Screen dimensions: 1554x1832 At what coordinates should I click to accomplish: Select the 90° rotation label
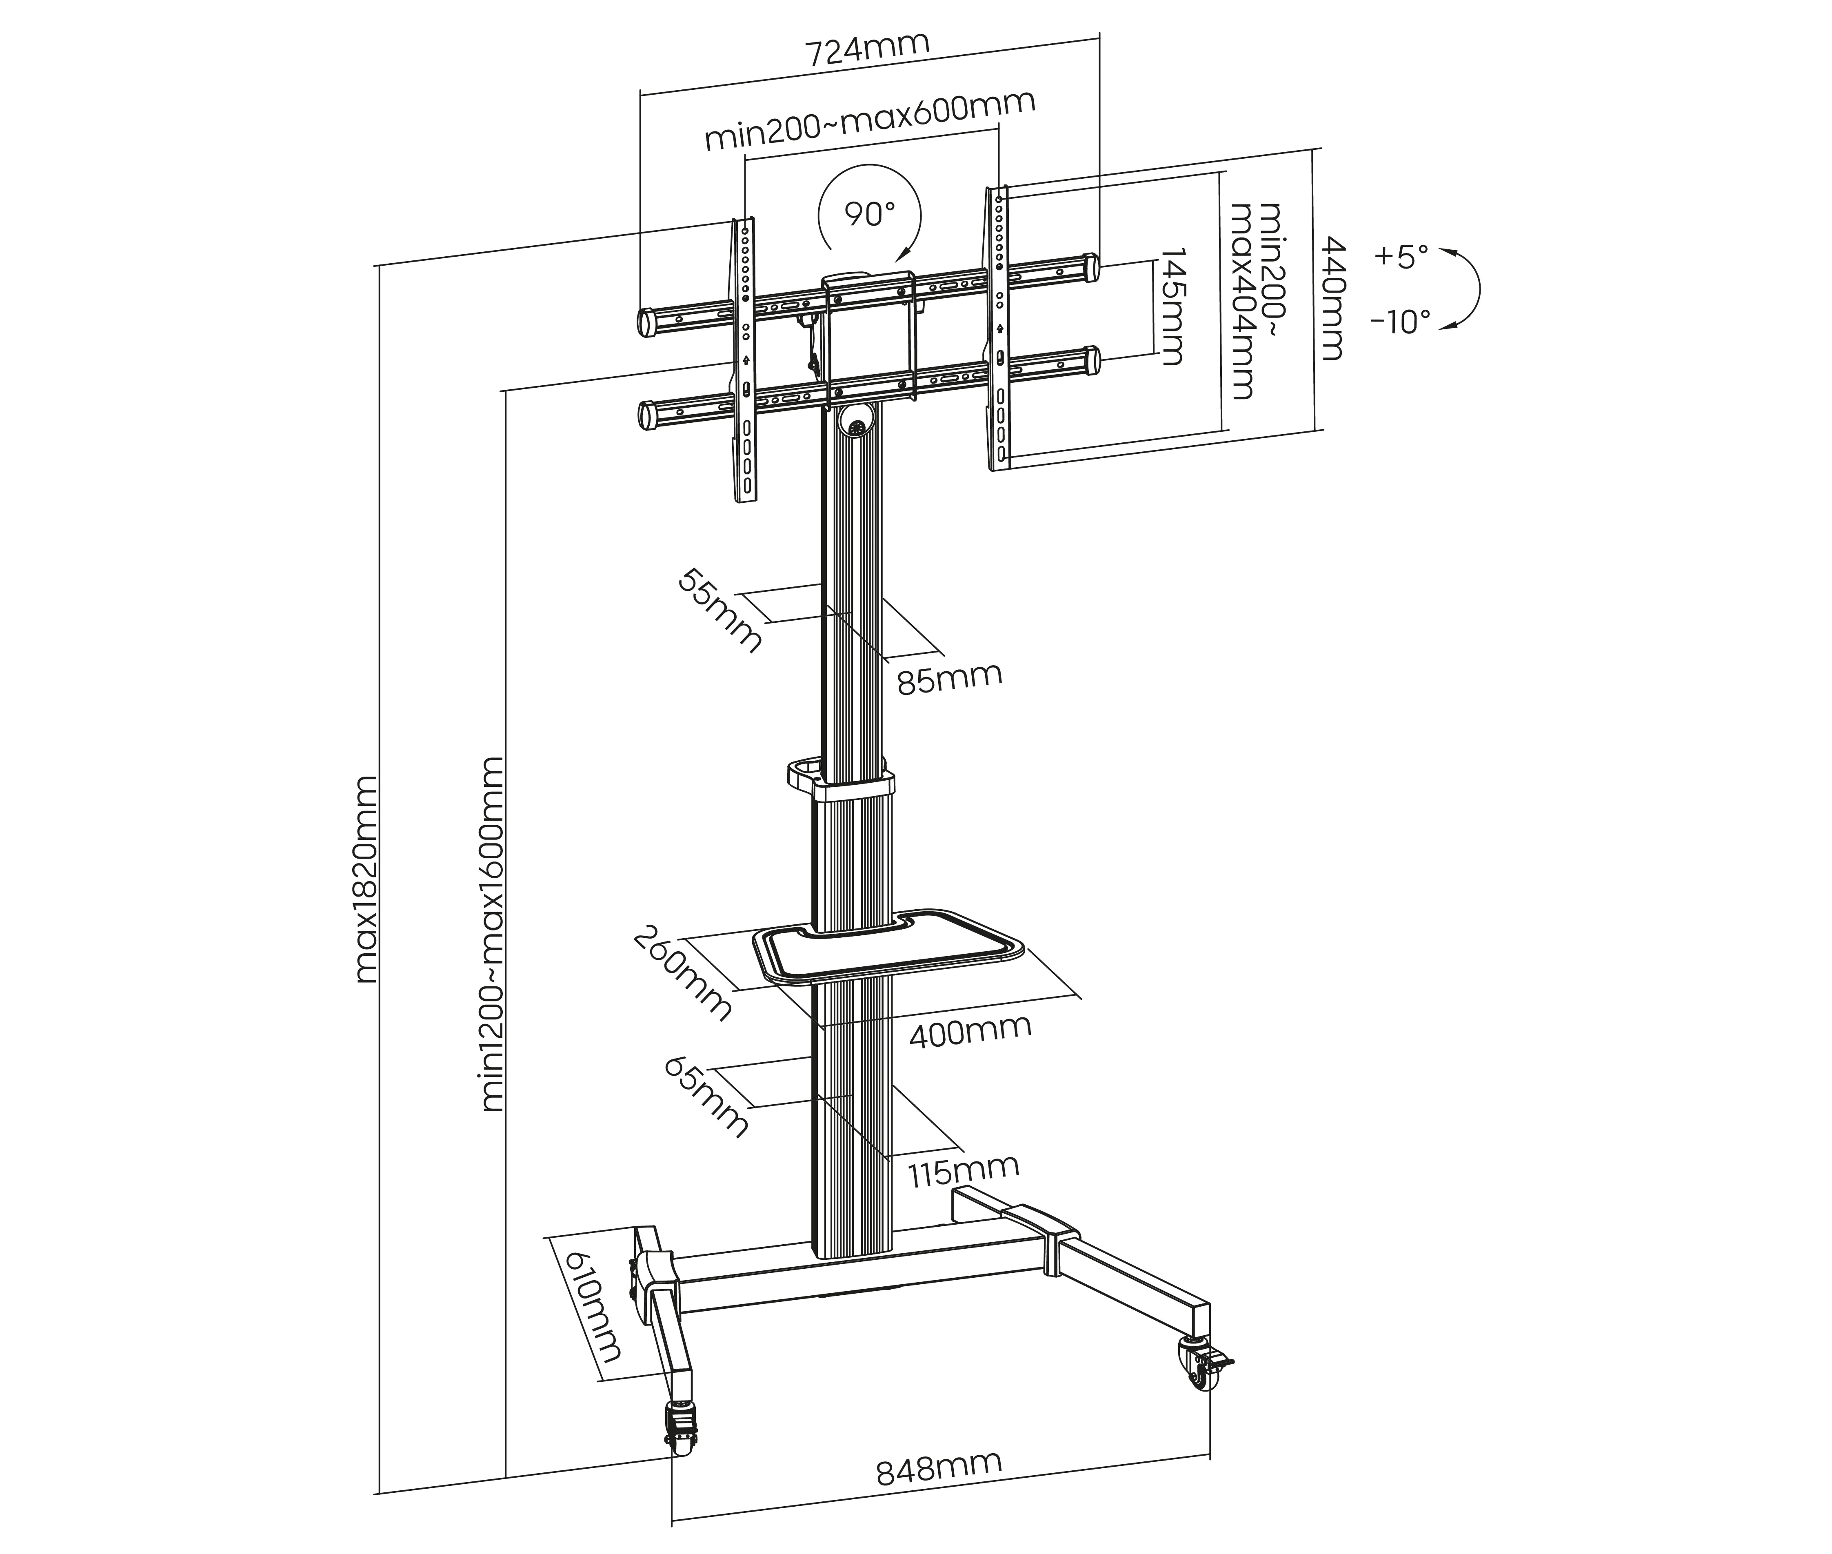point(869,213)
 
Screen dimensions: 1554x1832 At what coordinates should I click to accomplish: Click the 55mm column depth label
point(719,610)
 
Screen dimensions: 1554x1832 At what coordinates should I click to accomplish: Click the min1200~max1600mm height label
point(493,934)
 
